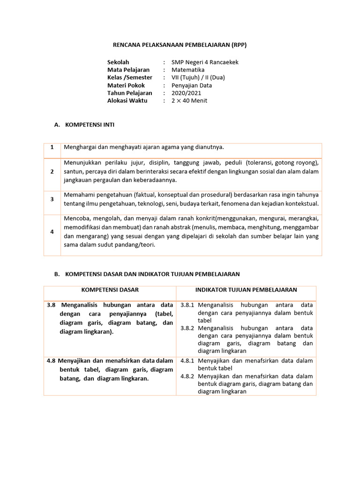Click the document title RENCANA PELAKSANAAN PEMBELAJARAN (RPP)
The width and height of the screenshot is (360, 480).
(x=180, y=45)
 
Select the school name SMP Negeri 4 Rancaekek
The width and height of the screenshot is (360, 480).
(x=205, y=62)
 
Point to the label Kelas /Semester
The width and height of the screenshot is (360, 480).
(x=130, y=78)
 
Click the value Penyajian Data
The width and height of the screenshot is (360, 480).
(x=192, y=85)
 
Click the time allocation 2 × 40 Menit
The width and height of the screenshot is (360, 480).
(x=189, y=101)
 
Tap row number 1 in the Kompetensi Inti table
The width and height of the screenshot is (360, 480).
(x=52, y=148)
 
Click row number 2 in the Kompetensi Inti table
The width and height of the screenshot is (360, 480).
(x=52, y=172)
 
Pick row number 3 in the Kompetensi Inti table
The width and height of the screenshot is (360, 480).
(x=52, y=199)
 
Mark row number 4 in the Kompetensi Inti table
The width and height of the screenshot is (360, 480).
(x=52, y=232)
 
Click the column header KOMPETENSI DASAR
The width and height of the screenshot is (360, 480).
(x=110, y=290)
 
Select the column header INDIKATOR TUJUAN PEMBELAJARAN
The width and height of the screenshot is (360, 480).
(x=246, y=290)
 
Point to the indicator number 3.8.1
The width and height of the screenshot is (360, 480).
(x=187, y=305)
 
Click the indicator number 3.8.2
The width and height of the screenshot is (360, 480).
(x=187, y=328)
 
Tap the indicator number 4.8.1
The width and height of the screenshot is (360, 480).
(x=187, y=361)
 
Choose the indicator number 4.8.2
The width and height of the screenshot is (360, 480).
(x=187, y=376)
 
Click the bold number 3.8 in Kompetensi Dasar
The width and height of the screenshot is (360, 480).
(x=51, y=305)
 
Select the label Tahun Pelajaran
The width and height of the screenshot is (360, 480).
(x=129, y=93)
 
